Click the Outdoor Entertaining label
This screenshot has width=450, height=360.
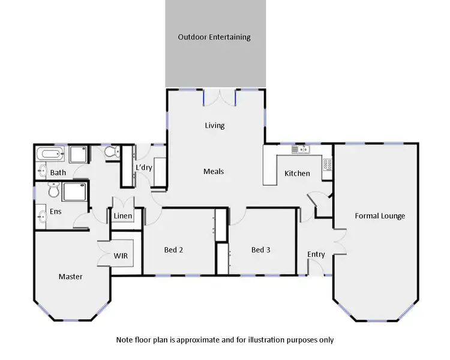[214, 37]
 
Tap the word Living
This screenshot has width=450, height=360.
[214, 125]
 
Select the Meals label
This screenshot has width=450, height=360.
[214, 172]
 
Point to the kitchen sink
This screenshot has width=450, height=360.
[298, 149]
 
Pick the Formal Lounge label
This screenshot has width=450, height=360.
[380, 216]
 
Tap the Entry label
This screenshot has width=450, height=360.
[316, 254]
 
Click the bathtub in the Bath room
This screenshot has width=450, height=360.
[50, 154]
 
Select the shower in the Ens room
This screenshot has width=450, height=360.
[76, 192]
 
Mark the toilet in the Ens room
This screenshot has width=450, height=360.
[53, 191]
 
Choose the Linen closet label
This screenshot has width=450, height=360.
[122, 216]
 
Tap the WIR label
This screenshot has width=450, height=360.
[121, 256]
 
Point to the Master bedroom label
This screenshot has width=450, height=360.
[70, 277]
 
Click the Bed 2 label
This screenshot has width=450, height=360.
[173, 250]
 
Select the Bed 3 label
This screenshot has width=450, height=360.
[260, 250]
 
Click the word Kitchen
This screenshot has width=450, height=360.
[297, 173]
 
